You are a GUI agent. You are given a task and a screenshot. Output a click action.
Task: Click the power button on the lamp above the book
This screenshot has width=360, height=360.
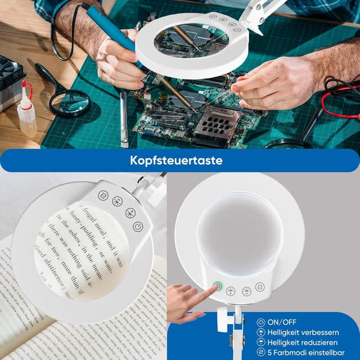point(138,226)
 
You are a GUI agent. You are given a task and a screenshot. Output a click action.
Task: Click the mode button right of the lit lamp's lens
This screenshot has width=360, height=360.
point(260,287)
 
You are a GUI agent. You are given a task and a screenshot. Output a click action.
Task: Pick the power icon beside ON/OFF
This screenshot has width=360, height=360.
point(260,322)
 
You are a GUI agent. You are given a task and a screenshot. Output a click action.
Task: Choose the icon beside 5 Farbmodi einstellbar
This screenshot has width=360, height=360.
point(260,351)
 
